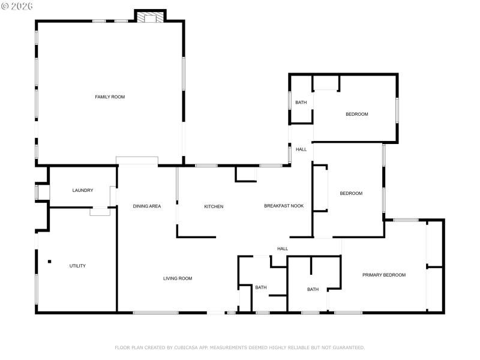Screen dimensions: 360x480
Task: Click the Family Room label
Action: [x=110, y=97]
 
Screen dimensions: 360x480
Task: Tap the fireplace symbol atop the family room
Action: [x=150, y=18]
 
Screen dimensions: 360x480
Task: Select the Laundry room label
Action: [x=83, y=190]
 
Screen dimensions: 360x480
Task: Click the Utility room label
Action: [x=77, y=266]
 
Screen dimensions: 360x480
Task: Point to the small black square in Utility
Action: [x=50, y=261]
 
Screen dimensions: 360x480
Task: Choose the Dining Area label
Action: [x=147, y=206]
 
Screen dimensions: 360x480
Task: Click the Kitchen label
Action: [x=214, y=206]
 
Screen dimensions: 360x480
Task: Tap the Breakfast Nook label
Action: [x=284, y=206]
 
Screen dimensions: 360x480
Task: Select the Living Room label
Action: [x=178, y=278]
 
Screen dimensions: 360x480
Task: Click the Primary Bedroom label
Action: [x=384, y=275]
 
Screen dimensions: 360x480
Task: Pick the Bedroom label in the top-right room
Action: [x=356, y=114]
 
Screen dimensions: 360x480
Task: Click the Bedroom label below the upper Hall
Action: [x=351, y=193]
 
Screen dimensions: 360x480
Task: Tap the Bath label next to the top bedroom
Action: [x=301, y=103]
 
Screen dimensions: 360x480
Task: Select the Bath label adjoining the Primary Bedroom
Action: [x=313, y=289]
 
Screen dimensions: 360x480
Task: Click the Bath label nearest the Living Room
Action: [x=260, y=287]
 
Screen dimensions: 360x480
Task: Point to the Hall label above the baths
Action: [x=283, y=248]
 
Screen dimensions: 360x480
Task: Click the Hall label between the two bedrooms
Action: [x=301, y=149]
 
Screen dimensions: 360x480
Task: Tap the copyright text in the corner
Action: [x=17, y=5]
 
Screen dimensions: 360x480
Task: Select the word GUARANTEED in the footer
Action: [x=346, y=347]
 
